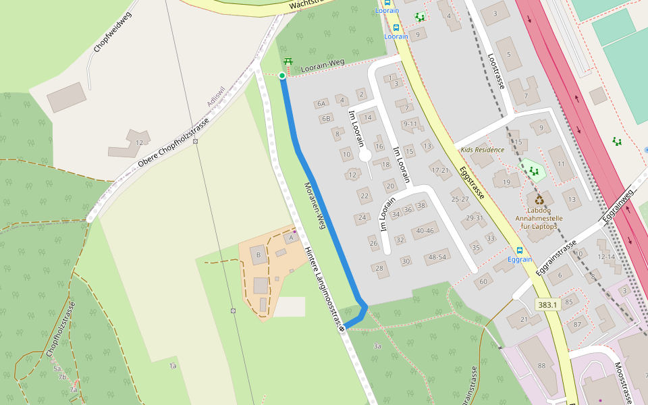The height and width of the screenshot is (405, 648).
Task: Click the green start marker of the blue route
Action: tap(282, 76)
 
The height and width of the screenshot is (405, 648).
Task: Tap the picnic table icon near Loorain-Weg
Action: tap(288, 62)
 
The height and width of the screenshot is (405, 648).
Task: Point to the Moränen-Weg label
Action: tap(315, 206)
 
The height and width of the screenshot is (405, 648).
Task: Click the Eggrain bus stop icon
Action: tap(519, 250)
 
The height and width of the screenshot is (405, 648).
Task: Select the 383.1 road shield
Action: tap(547, 305)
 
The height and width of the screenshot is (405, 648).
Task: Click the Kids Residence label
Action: tap(482, 149)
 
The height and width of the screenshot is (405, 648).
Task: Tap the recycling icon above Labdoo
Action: tap(539, 200)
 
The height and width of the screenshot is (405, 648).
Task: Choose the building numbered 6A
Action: tap(321, 103)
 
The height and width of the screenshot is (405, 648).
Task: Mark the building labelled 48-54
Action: tap(437, 257)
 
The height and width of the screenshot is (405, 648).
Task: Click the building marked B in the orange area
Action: tap(257, 255)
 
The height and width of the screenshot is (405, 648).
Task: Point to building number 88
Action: tap(541, 365)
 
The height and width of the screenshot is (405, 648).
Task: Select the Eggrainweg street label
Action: tap(619, 205)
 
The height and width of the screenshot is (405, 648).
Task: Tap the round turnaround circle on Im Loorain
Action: tap(365, 157)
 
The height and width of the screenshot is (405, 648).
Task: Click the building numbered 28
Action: tap(380, 269)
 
